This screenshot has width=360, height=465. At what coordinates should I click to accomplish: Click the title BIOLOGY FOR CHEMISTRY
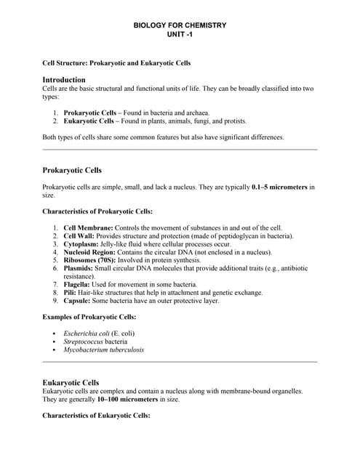[x=180, y=25]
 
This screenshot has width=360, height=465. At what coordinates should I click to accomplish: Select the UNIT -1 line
[x=180, y=35]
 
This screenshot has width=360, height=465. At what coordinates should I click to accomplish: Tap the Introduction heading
[x=65, y=79]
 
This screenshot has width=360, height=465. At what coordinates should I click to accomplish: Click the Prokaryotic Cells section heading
[x=73, y=170]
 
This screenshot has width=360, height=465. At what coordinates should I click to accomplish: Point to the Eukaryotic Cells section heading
[x=71, y=382]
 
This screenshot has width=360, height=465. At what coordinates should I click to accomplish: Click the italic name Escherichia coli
[x=87, y=333]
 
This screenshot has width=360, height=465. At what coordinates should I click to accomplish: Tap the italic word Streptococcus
[x=84, y=341]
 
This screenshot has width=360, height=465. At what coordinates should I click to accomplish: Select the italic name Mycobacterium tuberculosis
[x=104, y=349]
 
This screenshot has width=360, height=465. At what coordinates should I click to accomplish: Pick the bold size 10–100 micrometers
[x=126, y=400]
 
